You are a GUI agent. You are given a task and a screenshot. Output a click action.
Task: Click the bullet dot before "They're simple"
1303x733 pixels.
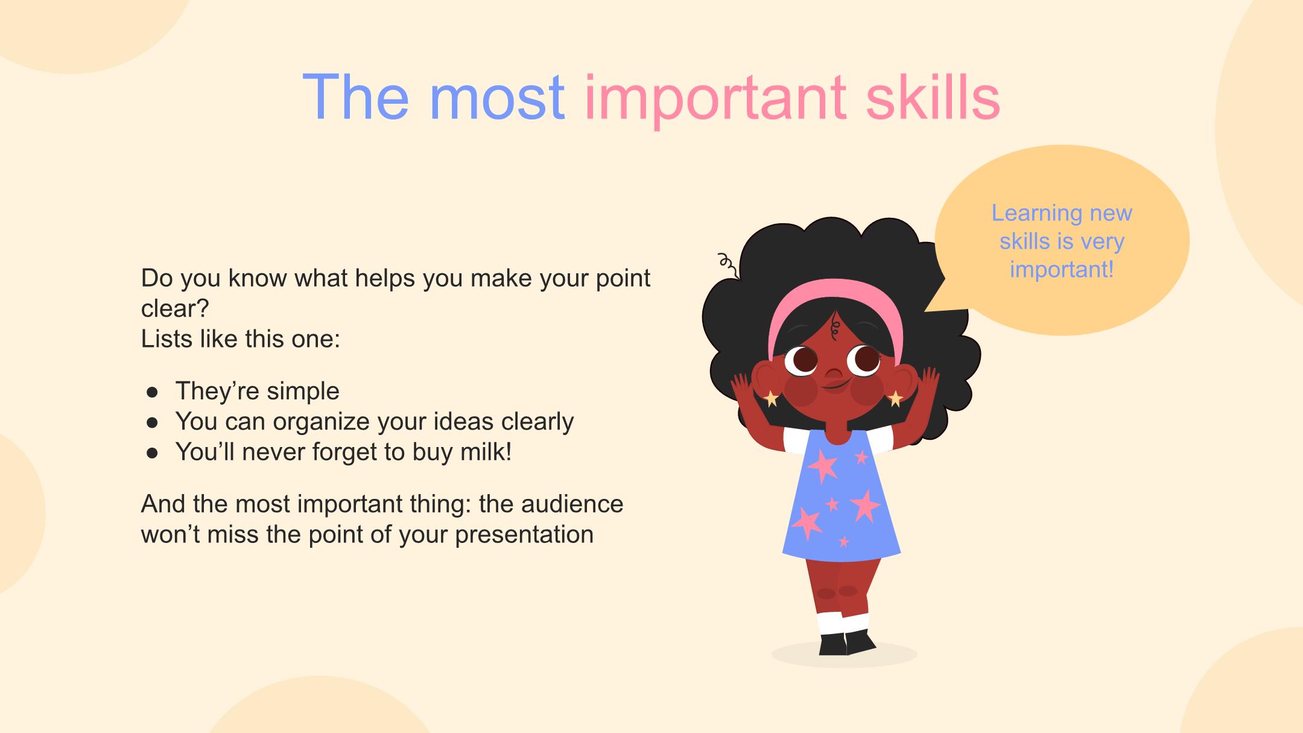point(152,393)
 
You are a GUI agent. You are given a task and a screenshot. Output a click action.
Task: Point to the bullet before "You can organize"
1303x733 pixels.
point(152,423)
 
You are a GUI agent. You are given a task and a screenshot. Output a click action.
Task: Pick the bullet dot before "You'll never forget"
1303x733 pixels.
point(152,453)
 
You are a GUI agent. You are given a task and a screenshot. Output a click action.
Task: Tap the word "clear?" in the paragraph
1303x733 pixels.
point(175,309)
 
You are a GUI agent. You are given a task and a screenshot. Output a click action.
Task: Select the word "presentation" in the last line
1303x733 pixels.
point(524,535)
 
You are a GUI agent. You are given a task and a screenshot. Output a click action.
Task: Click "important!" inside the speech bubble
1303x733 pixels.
point(1062,269)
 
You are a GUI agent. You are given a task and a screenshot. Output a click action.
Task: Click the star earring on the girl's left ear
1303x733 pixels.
point(896,398)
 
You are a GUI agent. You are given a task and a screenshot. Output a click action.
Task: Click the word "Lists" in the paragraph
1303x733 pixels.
point(162,339)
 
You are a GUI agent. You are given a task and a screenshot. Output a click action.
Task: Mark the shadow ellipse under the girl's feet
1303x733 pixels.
point(845,655)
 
